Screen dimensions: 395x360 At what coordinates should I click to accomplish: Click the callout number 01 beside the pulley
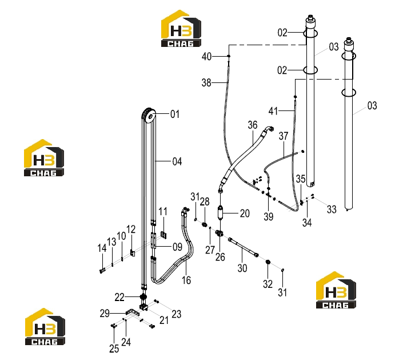175,114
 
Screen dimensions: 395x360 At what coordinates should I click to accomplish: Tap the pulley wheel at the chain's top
148,116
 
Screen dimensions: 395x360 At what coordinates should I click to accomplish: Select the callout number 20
245,213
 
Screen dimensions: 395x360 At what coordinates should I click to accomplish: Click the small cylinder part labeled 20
221,213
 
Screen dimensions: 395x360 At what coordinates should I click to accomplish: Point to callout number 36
253,125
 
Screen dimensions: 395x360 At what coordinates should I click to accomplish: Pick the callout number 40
206,57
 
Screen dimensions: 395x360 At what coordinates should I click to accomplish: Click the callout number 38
206,82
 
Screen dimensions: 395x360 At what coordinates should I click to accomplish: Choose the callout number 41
273,111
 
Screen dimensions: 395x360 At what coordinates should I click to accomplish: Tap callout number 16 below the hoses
186,280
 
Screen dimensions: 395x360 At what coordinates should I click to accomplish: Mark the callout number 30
242,268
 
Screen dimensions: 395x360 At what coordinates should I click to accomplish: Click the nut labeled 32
268,263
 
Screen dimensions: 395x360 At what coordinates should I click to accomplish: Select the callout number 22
119,298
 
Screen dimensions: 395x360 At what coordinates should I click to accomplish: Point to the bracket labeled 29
132,312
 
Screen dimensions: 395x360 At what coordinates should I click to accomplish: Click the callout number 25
114,349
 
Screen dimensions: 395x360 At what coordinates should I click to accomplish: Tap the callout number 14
102,248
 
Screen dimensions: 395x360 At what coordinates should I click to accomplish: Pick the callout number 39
269,216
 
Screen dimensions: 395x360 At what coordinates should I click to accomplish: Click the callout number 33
332,209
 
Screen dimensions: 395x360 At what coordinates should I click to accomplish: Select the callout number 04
177,161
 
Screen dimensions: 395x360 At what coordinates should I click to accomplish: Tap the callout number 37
284,136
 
